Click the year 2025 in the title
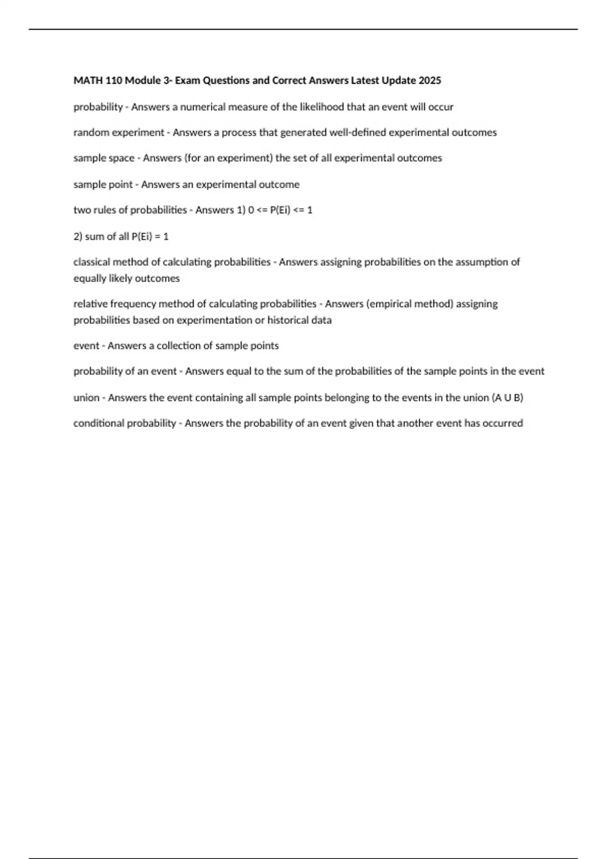click(429, 80)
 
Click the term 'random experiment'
click(118, 132)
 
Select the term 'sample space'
click(104, 158)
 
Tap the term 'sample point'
click(103, 184)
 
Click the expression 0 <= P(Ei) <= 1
click(280, 210)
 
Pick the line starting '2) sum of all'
click(121, 236)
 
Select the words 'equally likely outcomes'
click(126, 278)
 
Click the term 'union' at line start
click(86, 398)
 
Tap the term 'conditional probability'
click(124, 423)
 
